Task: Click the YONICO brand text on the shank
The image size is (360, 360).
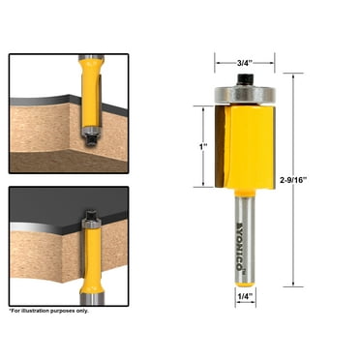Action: pos(240,237)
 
